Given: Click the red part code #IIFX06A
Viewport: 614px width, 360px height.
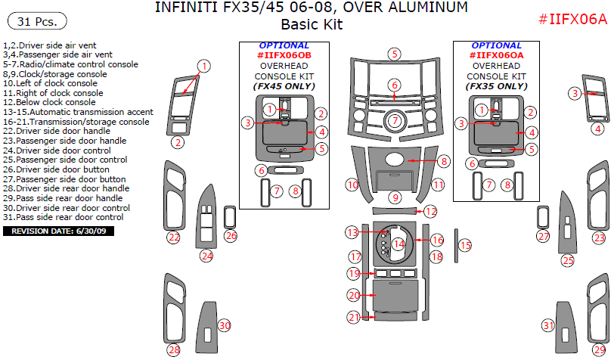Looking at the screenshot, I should [x=572, y=20].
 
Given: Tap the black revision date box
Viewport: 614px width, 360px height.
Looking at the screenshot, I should [x=60, y=231].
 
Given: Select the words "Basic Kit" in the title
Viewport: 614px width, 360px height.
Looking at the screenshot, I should [x=312, y=24].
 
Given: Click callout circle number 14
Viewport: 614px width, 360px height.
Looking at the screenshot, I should [x=398, y=244].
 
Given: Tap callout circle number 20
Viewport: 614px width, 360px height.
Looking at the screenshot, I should [x=354, y=294].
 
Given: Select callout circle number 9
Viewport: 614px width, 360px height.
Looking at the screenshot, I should [x=395, y=197].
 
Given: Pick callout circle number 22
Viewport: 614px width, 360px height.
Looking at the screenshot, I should [x=174, y=237].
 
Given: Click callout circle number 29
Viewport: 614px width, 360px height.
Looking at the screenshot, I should [x=599, y=349].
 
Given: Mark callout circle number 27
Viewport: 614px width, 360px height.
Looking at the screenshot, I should [x=542, y=237].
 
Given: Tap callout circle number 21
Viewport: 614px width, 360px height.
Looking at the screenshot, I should [x=354, y=318].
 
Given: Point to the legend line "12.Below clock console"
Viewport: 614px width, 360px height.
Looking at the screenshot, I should [x=49, y=102].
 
